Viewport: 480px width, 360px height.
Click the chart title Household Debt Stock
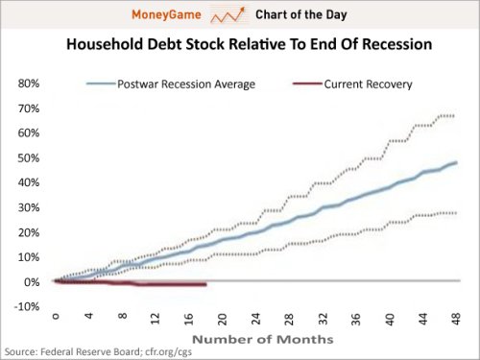point(249,44)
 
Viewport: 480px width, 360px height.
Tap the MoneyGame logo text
point(166,14)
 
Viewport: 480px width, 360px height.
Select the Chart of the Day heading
point(301,14)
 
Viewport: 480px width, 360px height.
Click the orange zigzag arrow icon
point(228,15)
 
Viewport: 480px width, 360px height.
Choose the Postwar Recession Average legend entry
point(171,84)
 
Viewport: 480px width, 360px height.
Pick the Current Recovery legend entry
point(352,84)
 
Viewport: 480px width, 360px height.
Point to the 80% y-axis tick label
point(29,84)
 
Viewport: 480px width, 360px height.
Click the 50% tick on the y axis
point(29,158)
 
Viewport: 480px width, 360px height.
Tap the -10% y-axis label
point(27,307)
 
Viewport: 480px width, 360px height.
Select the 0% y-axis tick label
point(32,282)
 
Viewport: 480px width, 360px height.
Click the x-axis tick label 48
point(456,319)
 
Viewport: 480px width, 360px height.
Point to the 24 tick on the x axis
point(255,319)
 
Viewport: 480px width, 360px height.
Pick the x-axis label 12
point(156,319)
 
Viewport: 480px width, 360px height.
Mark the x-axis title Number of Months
point(263,339)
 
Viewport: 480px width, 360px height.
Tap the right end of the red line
point(205,284)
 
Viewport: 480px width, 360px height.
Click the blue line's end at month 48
point(456,162)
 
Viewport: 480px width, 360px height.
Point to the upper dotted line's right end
point(453,116)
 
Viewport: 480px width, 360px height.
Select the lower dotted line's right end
point(456,213)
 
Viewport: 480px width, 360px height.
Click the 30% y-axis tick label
point(29,207)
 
